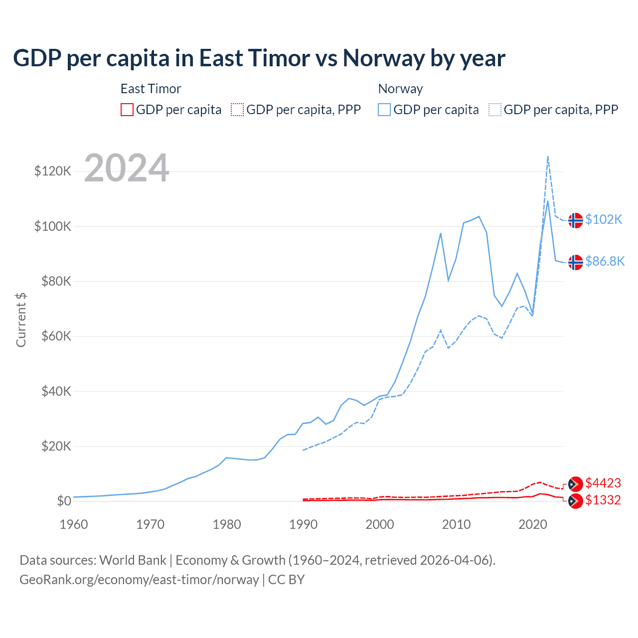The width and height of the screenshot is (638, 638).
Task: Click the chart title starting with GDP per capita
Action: point(259,58)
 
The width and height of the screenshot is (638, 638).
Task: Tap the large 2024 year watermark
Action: point(127,168)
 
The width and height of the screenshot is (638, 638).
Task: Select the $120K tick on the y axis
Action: point(53,171)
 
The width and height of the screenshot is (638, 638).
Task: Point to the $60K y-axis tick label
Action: point(56,336)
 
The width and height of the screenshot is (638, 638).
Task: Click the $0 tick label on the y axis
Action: point(64,501)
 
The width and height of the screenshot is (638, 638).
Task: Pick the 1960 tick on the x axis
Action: point(74,524)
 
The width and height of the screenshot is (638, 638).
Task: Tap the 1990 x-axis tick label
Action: point(303,524)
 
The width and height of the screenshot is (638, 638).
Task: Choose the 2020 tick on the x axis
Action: point(533,524)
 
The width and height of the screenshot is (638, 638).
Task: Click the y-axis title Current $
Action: point(21,319)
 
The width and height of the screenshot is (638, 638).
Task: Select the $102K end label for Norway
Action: point(604,220)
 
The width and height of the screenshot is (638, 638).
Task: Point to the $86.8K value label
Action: point(605,262)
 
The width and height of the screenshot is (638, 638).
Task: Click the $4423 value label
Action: point(603,483)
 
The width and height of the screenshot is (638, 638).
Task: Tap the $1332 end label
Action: point(603,500)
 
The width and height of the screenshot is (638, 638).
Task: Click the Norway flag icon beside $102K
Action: point(576,220)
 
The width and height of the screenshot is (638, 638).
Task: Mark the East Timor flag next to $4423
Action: point(576,484)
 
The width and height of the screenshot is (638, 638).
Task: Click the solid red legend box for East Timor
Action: point(127,110)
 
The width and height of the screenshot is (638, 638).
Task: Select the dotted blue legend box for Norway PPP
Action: point(495,110)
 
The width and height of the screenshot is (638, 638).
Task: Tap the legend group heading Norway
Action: point(400,89)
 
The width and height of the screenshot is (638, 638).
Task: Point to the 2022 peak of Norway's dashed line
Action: point(548,157)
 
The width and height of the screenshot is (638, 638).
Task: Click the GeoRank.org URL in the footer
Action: point(139,580)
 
